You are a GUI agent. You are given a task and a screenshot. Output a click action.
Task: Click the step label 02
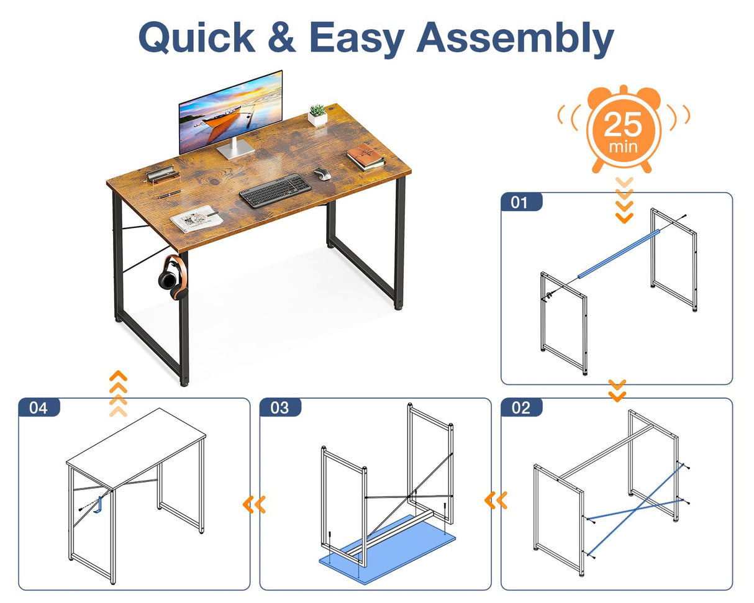coord(520,407)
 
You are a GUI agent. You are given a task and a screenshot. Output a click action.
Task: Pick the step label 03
coord(279,407)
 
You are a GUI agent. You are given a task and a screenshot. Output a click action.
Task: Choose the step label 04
coord(39,407)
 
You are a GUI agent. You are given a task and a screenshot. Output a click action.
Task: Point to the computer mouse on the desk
coord(321,174)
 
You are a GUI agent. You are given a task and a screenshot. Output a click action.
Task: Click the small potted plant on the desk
coord(317,116)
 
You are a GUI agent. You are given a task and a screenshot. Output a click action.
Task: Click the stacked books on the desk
coord(365,157)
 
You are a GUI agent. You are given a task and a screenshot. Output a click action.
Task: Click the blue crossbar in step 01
coord(617,254)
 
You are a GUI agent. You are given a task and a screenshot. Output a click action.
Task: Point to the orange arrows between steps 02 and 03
coord(496,499)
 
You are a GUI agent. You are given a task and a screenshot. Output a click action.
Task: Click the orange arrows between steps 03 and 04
coord(254,504)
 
